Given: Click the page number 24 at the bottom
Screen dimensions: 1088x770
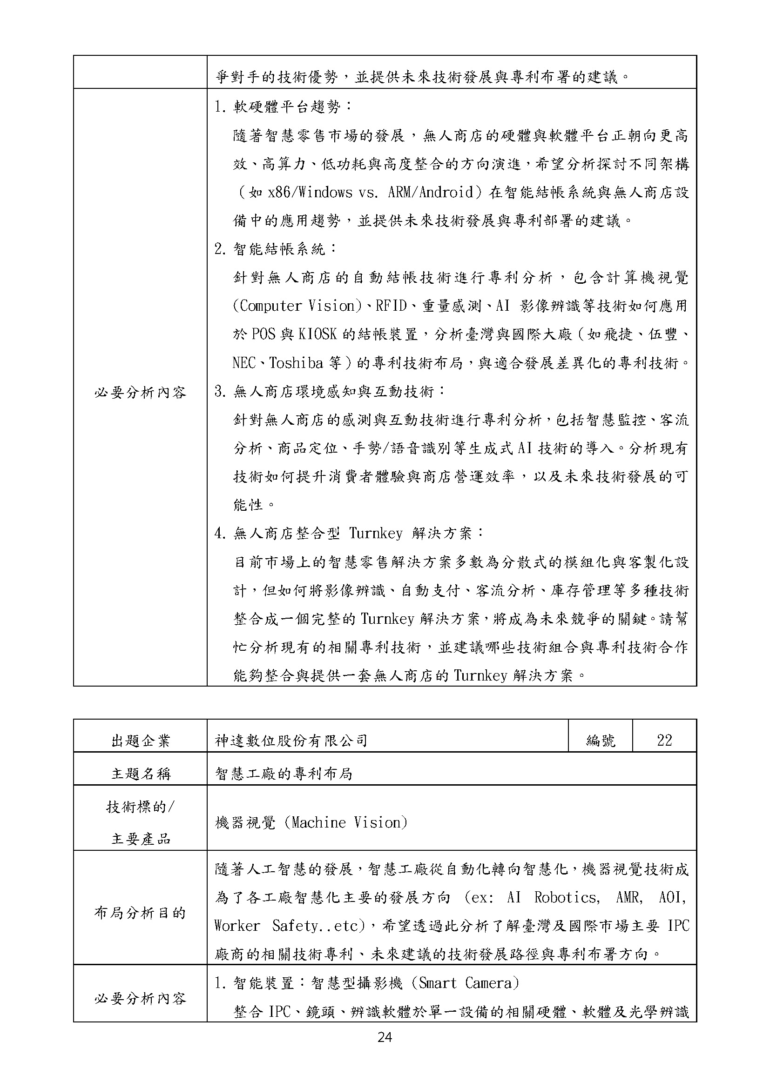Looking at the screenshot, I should tap(385, 1037).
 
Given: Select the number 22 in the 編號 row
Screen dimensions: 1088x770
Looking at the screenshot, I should tap(664, 740).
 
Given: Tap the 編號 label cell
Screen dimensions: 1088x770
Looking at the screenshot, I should tap(600, 740).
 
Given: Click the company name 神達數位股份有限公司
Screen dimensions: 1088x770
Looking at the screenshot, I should tap(291, 740).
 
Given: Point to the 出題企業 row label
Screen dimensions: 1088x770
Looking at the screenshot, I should tap(140, 741).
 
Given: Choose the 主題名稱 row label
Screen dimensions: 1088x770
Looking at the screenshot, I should tap(140, 774).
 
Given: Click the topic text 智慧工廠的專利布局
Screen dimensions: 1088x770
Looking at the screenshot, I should tap(284, 774).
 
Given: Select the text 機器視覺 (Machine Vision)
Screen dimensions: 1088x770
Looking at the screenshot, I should tap(311, 822).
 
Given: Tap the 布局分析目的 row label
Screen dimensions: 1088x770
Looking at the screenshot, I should tap(140, 912).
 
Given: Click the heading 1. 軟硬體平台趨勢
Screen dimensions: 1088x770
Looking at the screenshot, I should tap(284, 107).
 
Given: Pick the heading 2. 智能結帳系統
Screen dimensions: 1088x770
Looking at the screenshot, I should tap(276, 249).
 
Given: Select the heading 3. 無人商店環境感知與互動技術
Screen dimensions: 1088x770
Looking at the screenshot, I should tap(330, 391).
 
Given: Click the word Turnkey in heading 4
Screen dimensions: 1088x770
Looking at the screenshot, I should tap(376, 534).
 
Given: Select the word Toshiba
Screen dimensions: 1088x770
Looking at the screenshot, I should tap(297, 363).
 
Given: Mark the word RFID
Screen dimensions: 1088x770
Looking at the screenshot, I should tap(391, 306).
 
